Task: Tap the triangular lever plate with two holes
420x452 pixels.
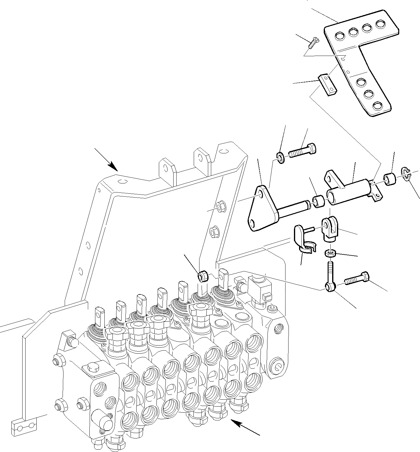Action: pyautogui.click(x=261, y=209)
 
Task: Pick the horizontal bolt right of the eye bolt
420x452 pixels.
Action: pyautogui.click(x=357, y=278)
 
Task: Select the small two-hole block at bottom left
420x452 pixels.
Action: pyautogui.click(x=25, y=426)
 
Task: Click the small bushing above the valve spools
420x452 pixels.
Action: pyautogui.click(x=203, y=276)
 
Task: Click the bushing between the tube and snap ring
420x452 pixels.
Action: pyautogui.click(x=390, y=180)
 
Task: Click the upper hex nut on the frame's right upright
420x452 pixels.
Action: pyautogui.click(x=218, y=208)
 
